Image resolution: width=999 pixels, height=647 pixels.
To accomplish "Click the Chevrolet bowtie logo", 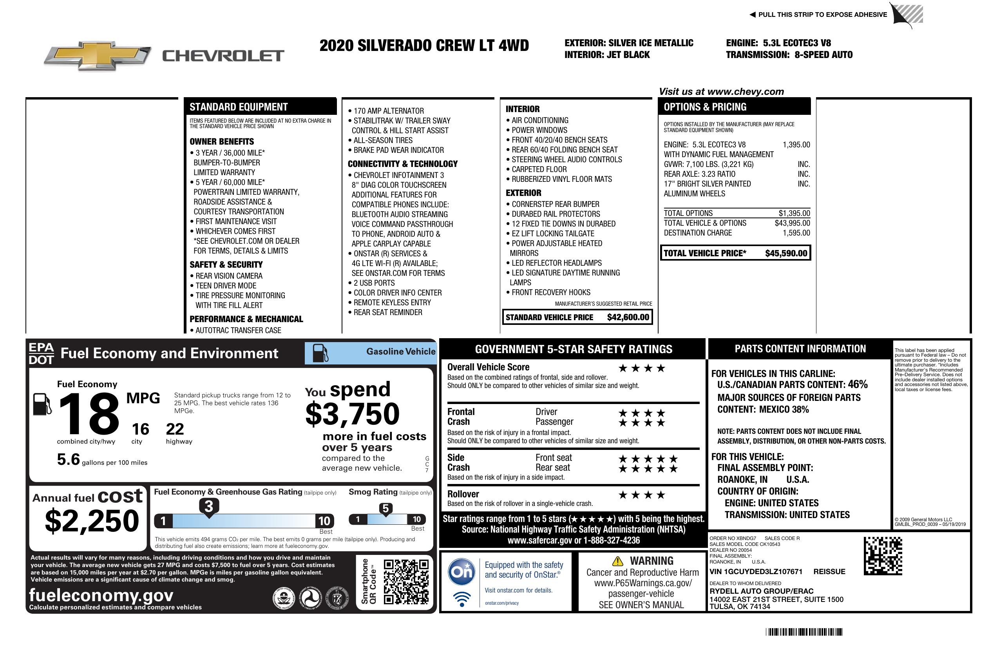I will (x=98, y=55).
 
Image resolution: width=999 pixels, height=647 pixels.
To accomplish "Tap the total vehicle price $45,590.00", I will (x=786, y=253).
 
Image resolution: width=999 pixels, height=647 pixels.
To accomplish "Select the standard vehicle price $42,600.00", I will (x=628, y=317).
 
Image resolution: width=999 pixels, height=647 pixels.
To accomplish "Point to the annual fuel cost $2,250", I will (x=92, y=521).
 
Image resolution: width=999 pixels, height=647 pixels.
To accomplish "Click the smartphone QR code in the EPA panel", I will (x=406, y=581).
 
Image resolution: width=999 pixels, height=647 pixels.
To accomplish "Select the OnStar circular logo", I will (x=461, y=572).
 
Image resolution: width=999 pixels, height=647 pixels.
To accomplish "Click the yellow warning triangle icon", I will (x=617, y=561).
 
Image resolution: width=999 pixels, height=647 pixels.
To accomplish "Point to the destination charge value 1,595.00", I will (x=796, y=233).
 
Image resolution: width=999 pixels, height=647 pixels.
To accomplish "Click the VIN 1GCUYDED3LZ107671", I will (x=756, y=571).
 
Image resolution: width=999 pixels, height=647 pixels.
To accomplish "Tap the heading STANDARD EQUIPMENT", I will (x=239, y=107).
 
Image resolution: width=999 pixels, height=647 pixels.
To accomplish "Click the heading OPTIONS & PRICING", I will (x=705, y=107).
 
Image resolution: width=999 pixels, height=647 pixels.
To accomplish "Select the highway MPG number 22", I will (x=175, y=429).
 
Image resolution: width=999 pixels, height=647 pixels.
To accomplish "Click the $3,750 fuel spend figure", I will (x=353, y=414).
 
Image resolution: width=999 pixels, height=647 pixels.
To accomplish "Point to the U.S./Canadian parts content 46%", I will (x=857, y=384).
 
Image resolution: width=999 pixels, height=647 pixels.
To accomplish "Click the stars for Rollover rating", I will (x=642, y=495).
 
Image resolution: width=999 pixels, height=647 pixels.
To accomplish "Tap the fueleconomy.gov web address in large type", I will (x=101, y=595).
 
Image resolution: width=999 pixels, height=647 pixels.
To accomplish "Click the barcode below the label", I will (x=804, y=632).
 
